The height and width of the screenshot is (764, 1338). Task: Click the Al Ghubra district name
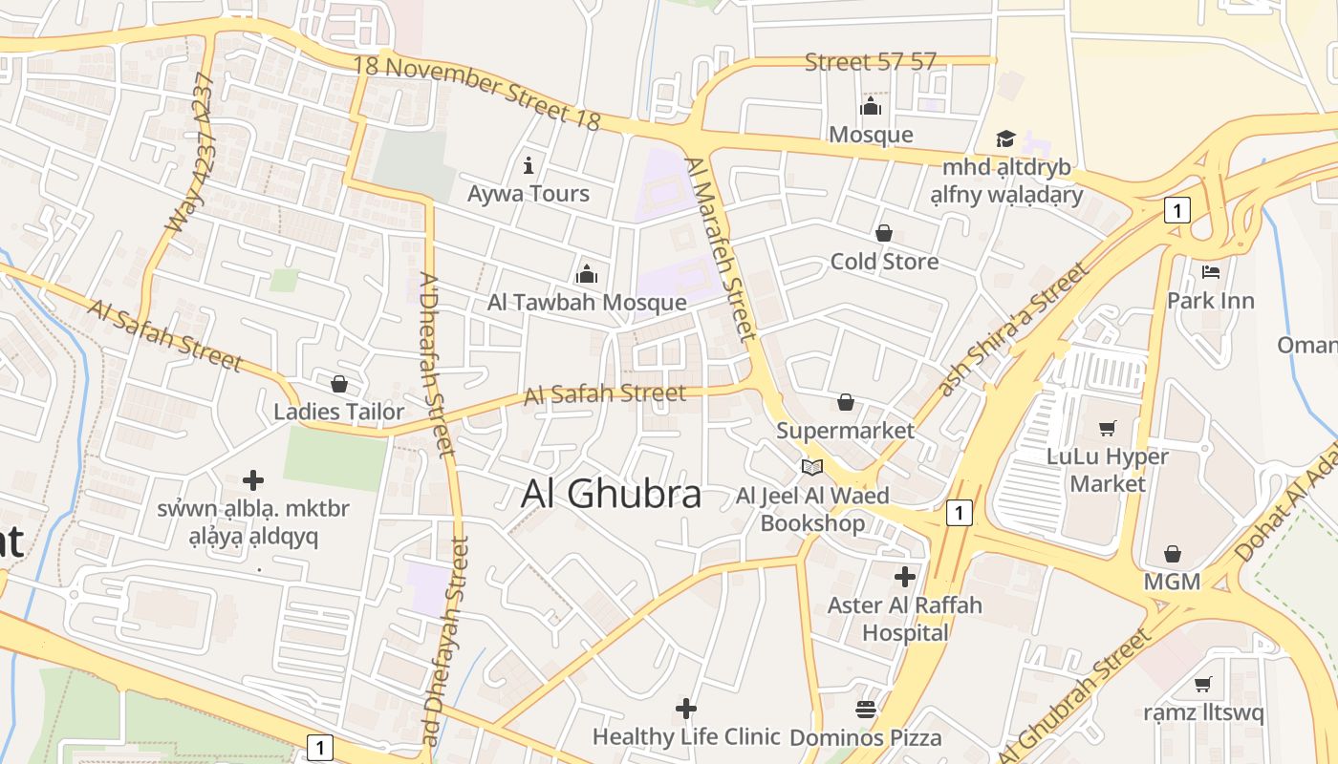[x=612, y=494]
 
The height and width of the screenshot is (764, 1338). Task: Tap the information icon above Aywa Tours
[x=529, y=164]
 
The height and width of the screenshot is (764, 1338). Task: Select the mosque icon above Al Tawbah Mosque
[x=587, y=275]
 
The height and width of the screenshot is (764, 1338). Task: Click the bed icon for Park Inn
[x=1211, y=272]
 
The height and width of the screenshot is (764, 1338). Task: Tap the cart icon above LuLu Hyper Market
[x=1108, y=428]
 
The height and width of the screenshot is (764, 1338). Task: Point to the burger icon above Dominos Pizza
[x=866, y=710]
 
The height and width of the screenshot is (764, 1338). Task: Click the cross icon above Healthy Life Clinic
[x=685, y=709]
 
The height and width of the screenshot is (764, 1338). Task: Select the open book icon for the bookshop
[x=812, y=468]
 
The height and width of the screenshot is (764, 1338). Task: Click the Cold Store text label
[x=884, y=262]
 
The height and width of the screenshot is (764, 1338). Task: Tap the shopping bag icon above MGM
[x=1173, y=554]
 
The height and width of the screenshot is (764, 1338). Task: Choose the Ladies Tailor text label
[x=339, y=413]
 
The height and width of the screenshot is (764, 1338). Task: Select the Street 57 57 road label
[x=870, y=63]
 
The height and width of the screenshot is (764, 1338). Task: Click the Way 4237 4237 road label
[x=192, y=153]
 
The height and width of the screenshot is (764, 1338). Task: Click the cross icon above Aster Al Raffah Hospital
[x=904, y=577]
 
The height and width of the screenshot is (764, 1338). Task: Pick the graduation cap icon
[x=1005, y=139]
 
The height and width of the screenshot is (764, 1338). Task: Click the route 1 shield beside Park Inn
[x=1177, y=210]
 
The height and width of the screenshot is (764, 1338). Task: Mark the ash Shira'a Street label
[x=1014, y=329]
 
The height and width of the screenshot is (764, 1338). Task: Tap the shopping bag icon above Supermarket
[x=846, y=403]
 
